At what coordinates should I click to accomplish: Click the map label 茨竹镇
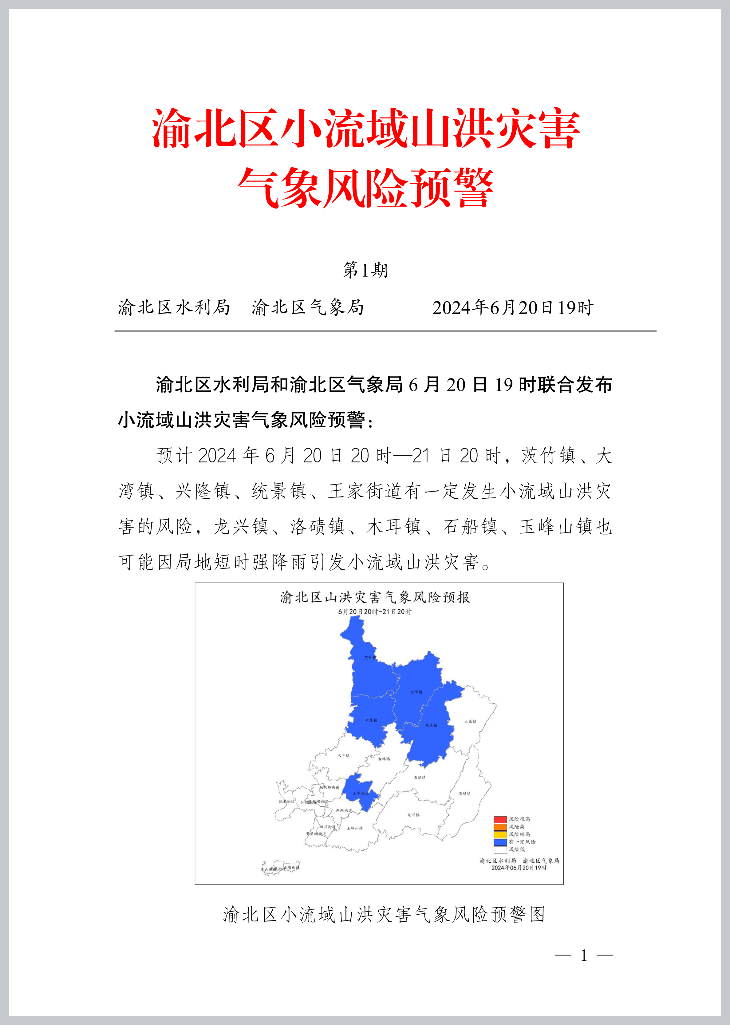pyautogui.click(x=370, y=658)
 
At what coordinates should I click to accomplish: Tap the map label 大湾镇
pyautogui.click(x=416, y=692)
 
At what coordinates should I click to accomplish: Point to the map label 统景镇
pyautogui.click(x=431, y=725)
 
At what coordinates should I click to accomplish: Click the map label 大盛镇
pyautogui.click(x=470, y=722)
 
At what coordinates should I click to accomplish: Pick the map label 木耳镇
pyautogui.click(x=343, y=755)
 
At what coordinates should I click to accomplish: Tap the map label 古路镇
pyautogui.click(x=384, y=759)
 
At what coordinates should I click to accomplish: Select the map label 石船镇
pyautogui.click(x=419, y=777)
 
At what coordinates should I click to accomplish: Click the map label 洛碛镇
pyautogui.click(x=464, y=793)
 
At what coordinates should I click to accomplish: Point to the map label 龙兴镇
pyautogui.click(x=413, y=815)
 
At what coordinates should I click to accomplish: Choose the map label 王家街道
pyautogui.click(x=361, y=793)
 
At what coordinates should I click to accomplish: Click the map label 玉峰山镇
pyautogui.click(x=355, y=828)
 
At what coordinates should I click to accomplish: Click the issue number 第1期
pyautogui.click(x=365, y=270)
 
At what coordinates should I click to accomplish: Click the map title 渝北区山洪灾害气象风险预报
pyautogui.click(x=375, y=597)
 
